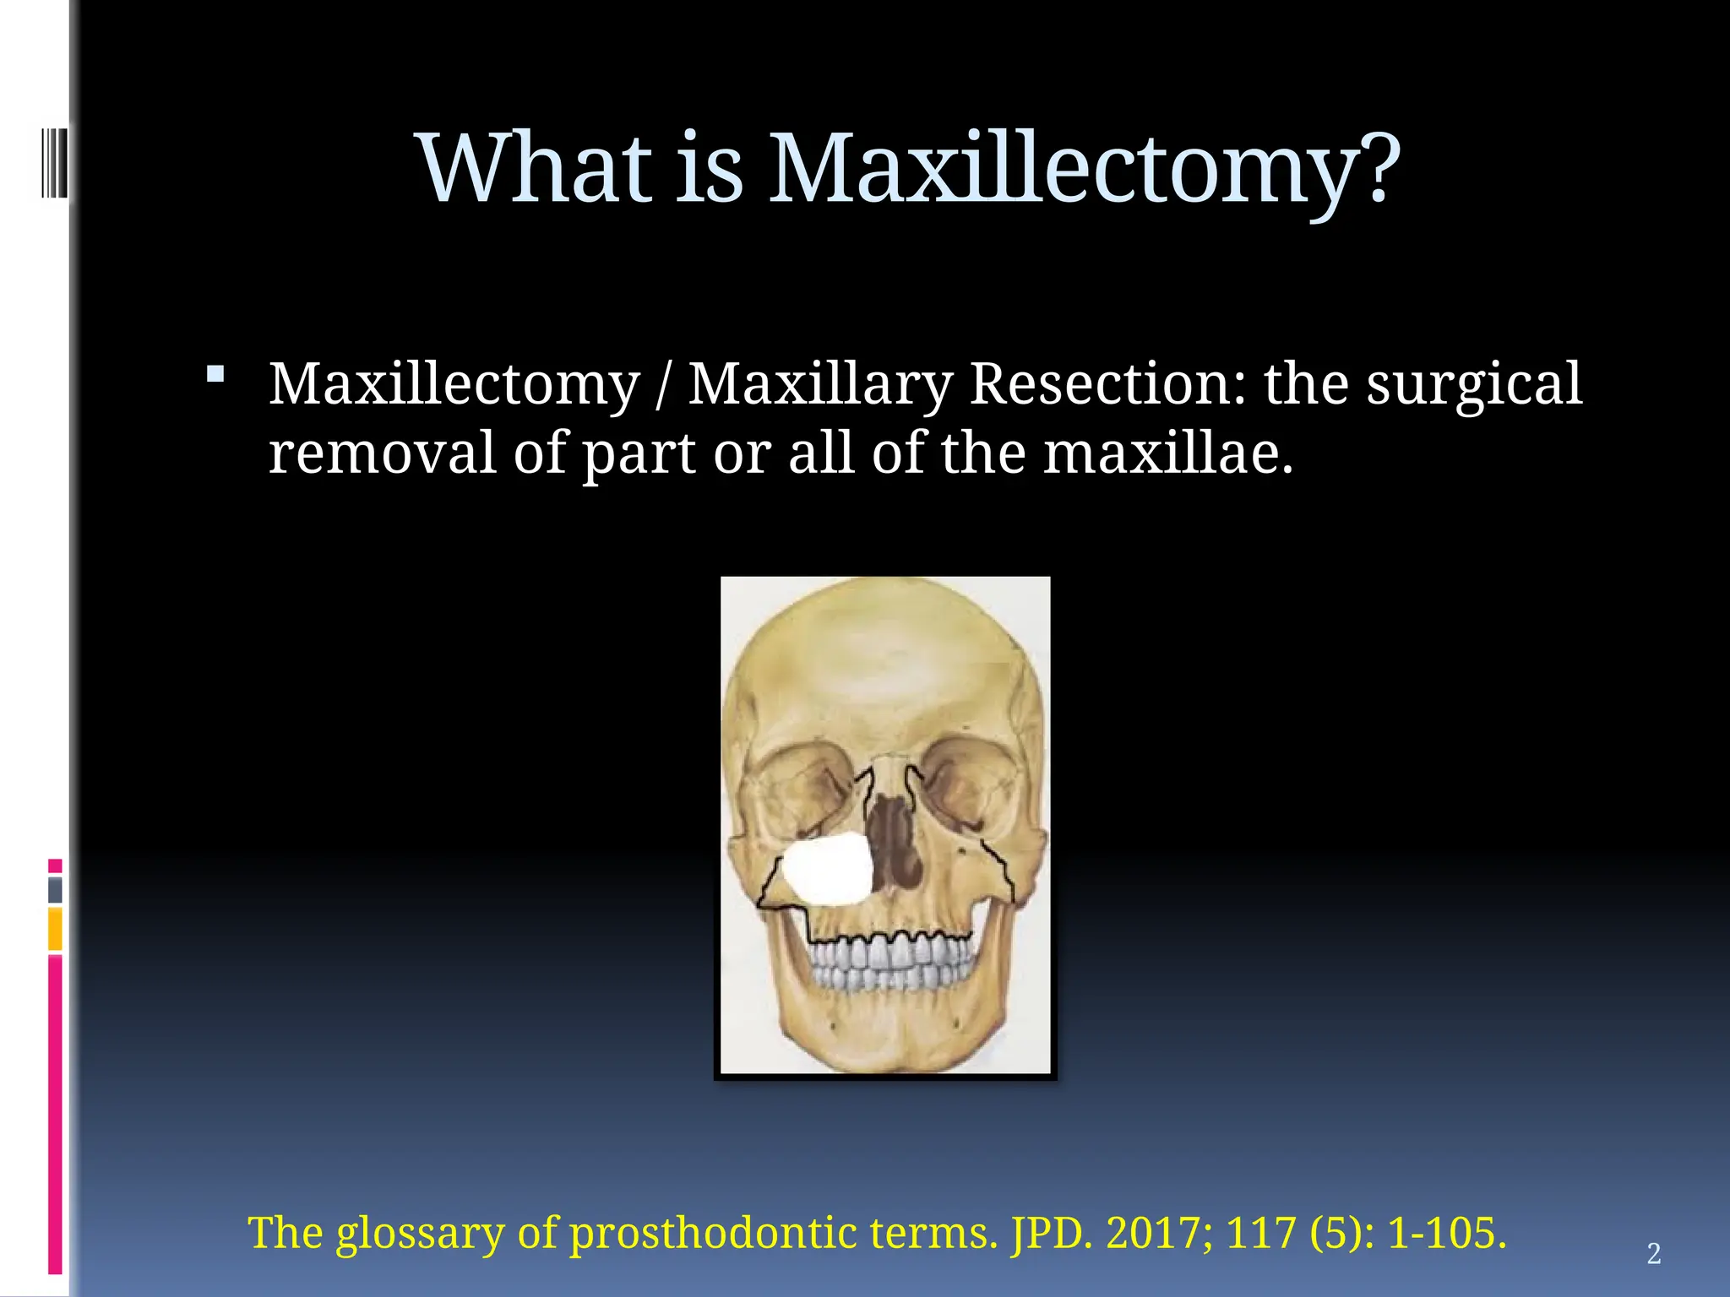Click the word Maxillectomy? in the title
(1084, 169)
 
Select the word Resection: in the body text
(1107, 384)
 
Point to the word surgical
(1474, 384)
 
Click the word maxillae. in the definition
(1168, 453)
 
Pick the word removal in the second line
(382, 453)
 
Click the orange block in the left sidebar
(55, 929)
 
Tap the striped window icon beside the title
(55, 162)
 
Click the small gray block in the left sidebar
(55, 889)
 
